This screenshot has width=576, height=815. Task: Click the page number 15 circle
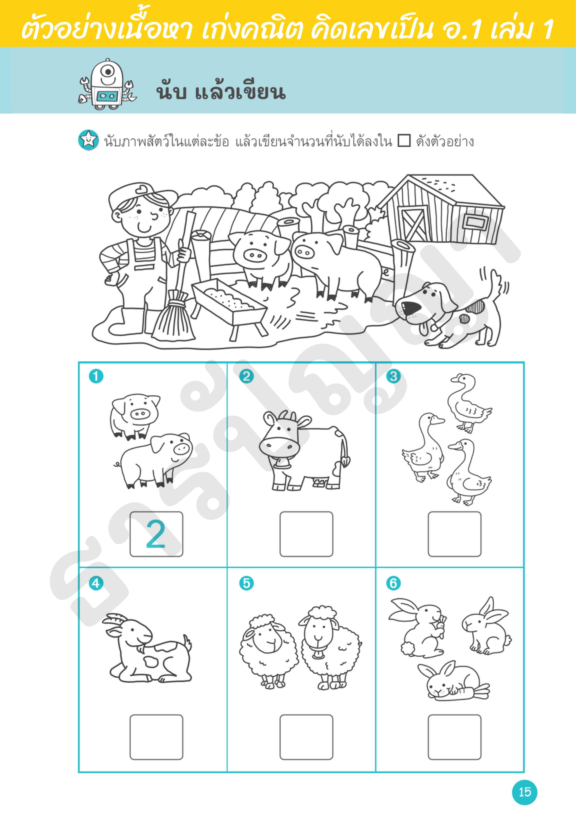point(524,792)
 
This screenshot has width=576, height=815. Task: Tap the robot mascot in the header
point(107,84)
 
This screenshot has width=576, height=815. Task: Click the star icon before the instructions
point(88,140)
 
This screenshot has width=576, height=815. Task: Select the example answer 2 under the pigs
point(156,534)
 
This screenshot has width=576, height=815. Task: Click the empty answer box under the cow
point(306,534)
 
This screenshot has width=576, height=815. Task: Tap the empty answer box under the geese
point(454,534)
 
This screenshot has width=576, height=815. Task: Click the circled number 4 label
point(96,583)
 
